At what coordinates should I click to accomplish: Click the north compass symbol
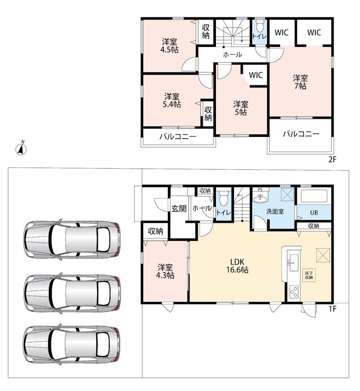click(21, 149)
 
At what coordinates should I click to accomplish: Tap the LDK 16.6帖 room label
click(237, 266)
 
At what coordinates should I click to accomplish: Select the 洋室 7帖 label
click(300, 82)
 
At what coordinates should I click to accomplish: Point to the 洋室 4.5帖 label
click(169, 45)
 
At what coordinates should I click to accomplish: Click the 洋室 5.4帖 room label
click(172, 100)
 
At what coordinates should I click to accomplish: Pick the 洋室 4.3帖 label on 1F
click(165, 271)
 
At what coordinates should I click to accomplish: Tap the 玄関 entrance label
click(179, 208)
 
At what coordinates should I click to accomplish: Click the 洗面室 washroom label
click(275, 212)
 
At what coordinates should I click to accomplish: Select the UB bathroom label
click(314, 213)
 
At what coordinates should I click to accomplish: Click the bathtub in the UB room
click(314, 196)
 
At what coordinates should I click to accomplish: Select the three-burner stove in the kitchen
click(294, 291)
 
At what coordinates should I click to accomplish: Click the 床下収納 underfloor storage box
click(309, 275)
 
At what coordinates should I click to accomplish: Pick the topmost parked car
click(72, 239)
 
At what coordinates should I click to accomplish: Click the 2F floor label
click(332, 159)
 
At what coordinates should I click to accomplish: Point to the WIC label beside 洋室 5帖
click(255, 75)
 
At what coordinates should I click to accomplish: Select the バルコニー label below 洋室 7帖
click(301, 134)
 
